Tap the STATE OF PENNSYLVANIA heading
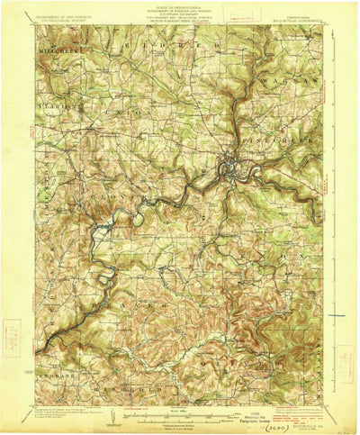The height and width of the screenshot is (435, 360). [180, 7]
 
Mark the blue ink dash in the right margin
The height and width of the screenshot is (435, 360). [337, 315]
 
